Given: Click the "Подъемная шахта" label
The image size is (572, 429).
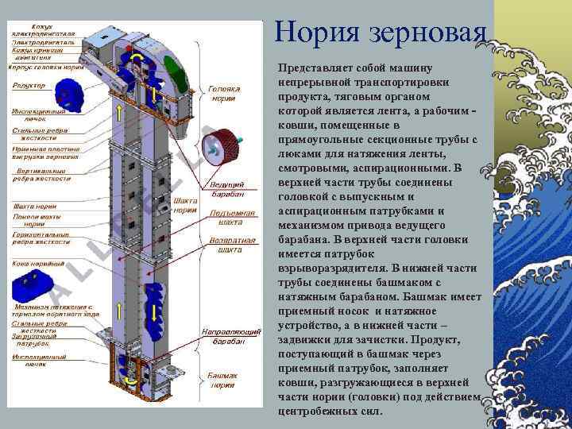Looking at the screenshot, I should click(225, 218).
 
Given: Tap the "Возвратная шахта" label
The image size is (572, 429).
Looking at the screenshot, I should click(224, 244).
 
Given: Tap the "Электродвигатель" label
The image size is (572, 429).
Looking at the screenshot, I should click(44, 41).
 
